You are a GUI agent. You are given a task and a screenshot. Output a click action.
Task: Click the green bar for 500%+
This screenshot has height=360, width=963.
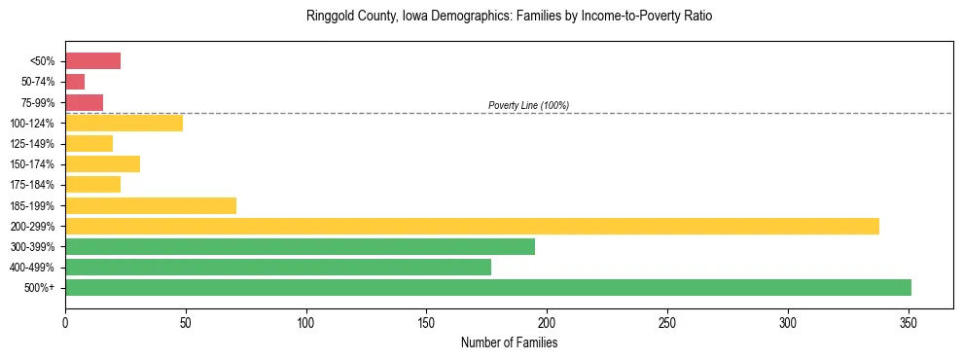click(x=487, y=287)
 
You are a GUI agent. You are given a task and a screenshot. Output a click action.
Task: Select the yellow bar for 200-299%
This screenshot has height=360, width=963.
click(x=472, y=226)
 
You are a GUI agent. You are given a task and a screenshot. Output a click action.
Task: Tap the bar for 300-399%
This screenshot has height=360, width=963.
click(x=300, y=246)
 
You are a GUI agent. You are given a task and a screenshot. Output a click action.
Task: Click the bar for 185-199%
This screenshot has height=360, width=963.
click(x=151, y=205)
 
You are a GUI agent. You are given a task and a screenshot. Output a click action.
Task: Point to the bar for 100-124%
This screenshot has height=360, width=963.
click(x=124, y=123)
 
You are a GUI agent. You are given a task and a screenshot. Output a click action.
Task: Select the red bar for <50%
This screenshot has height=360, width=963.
click(x=92, y=61)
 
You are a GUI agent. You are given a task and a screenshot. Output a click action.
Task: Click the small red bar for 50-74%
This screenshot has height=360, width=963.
click(x=75, y=82)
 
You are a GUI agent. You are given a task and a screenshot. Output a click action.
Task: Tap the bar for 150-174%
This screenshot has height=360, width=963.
click(x=102, y=163)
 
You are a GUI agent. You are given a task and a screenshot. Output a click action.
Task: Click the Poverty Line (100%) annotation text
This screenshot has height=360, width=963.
click(x=528, y=105)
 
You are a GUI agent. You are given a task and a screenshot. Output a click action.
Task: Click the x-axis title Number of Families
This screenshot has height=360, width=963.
click(x=509, y=342)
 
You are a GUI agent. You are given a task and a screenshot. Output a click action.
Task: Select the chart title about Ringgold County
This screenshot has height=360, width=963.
click(x=509, y=17)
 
